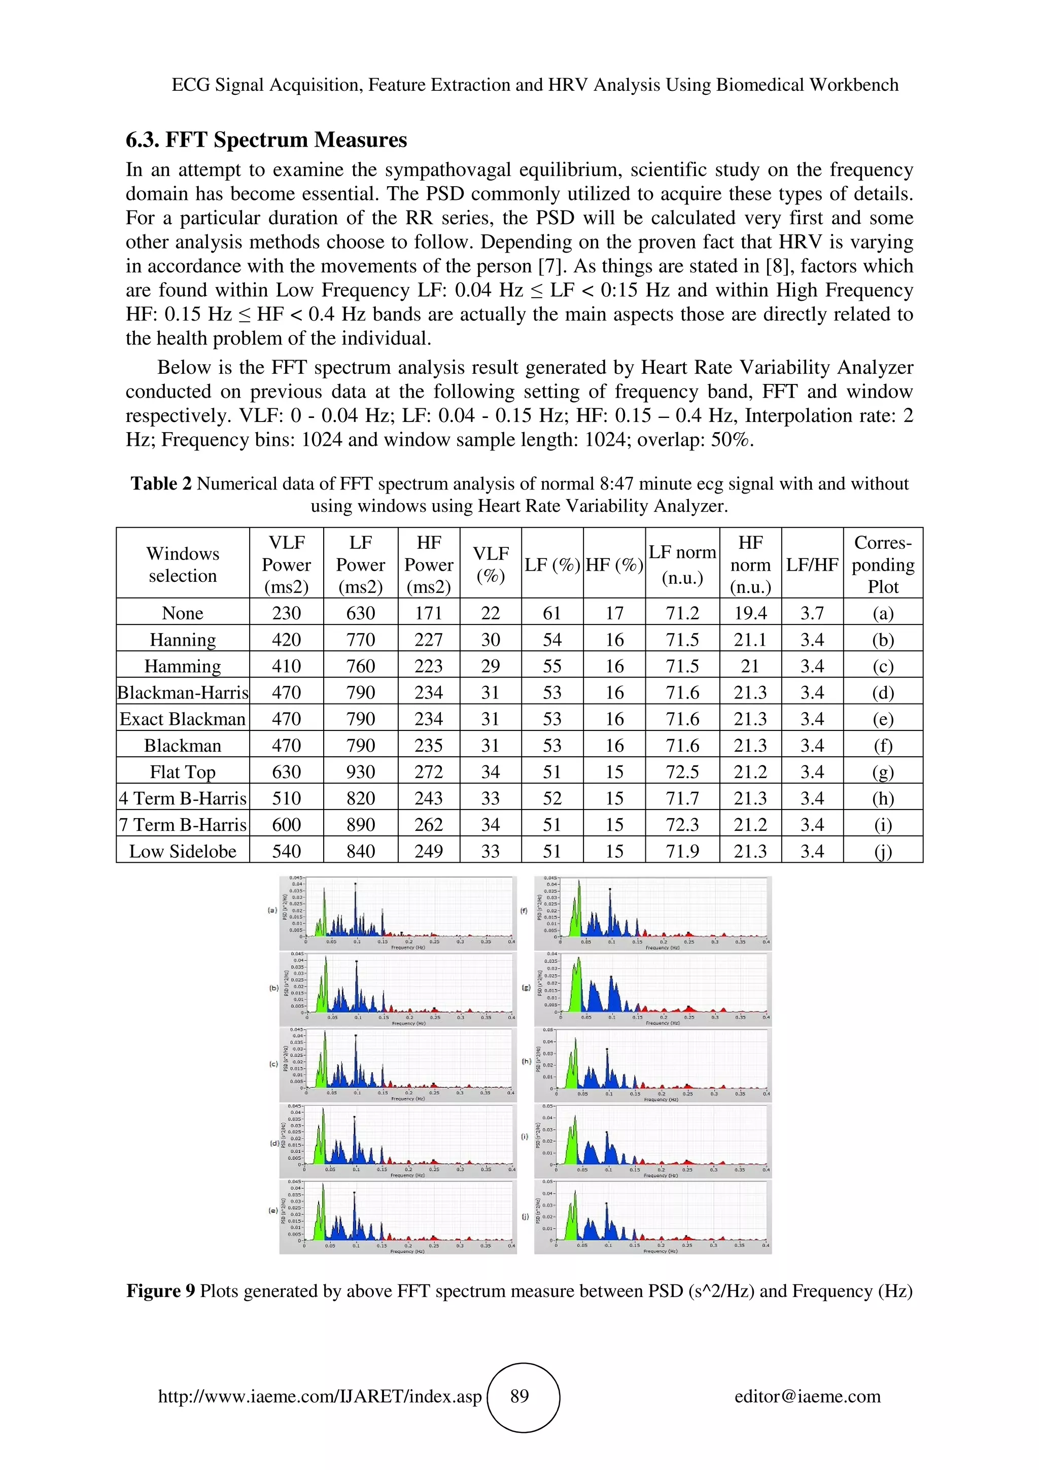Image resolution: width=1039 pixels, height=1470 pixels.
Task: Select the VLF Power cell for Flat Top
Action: pyautogui.click(x=286, y=772)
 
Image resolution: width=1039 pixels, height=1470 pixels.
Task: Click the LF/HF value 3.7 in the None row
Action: pyautogui.click(x=812, y=613)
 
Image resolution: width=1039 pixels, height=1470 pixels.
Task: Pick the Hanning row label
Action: pyautogui.click(x=183, y=640)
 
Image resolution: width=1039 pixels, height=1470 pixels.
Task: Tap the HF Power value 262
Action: pyautogui.click(x=428, y=825)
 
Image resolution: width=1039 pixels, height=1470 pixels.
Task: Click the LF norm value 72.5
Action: pyautogui.click(x=682, y=772)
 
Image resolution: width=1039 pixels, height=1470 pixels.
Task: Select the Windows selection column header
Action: pyautogui.click(x=183, y=564)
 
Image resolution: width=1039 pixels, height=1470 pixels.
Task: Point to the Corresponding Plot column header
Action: pyautogui.click(x=883, y=564)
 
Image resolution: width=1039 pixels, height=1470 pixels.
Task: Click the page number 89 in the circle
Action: pyautogui.click(x=519, y=1396)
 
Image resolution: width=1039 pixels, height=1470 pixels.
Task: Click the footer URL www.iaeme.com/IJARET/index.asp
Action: pyautogui.click(x=320, y=1396)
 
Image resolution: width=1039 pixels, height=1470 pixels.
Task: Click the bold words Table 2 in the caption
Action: pyautogui.click(x=161, y=483)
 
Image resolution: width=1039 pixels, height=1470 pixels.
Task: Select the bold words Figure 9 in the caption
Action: pyautogui.click(x=160, y=1291)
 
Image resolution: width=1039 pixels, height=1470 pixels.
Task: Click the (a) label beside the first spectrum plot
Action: pyautogui.click(x=272, y=910)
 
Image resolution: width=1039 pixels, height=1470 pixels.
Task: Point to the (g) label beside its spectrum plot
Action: pyautogui.click(x=526, y=987)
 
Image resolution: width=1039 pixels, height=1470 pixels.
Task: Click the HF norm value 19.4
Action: pyautogui.click(x=750, y=613)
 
